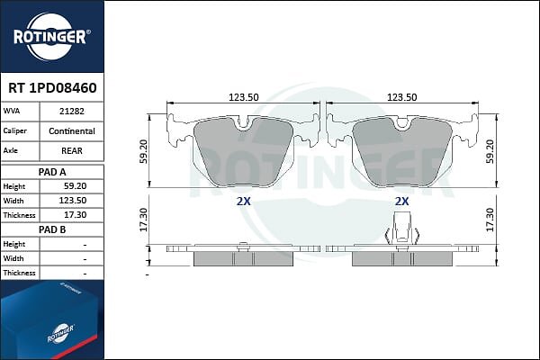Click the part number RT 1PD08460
click(x=52, y=88)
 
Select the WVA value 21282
click(x=72, y=112)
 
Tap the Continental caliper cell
click(x=72, y=131)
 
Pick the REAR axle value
click(x=72, y=151)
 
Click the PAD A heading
click(x=52, y=172)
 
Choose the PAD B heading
click(x=52, y=229)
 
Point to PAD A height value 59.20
click(x=75, y=186)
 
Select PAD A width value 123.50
click(x=73, y=201)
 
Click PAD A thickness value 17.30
click(x=75, y=215)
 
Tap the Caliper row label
click(x=14, y=130)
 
